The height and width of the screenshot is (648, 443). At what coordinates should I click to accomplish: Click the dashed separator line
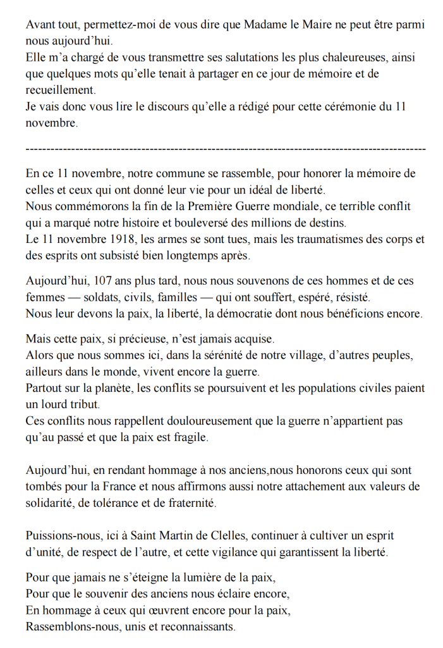click(x=226, y=149)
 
